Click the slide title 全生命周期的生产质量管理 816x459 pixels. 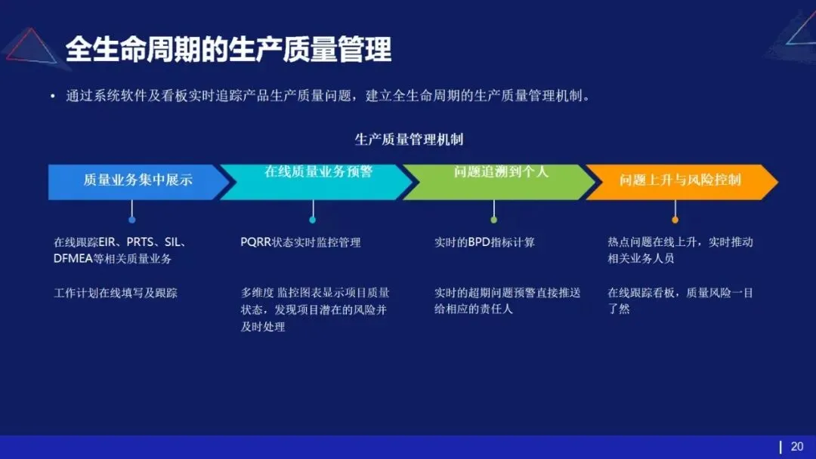228,50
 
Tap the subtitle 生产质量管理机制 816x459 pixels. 409,140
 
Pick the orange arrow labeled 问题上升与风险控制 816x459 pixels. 680,181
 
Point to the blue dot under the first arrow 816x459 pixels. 132,220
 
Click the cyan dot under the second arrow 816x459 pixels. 313,220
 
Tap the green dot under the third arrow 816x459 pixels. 494,220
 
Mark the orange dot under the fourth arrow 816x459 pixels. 675,220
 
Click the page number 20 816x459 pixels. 797,447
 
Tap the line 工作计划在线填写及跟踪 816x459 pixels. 116,293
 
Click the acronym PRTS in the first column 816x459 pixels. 141,243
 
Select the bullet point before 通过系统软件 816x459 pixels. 52,97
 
